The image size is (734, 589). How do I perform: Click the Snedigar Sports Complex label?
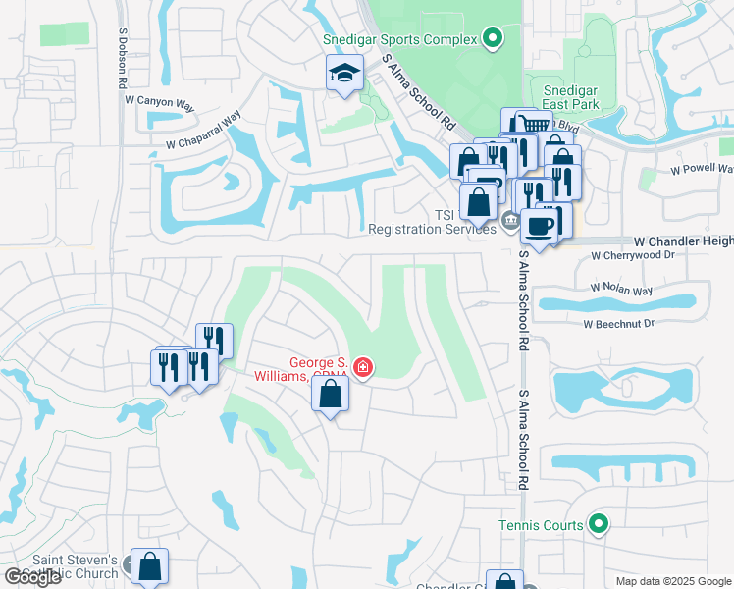(x=400, y=39)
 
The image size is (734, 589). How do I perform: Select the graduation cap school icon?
(x=344, y=74)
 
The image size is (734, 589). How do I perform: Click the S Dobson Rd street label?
(x=123, y=59)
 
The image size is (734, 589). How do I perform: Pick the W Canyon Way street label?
(x=169, y=100)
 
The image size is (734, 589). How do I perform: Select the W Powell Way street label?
(x=701, y=169)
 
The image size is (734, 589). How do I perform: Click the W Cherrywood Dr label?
(x=633, y=255)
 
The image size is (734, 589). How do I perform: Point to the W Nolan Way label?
(x=621, y=290)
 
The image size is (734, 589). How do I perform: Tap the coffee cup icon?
(x=539, y=226)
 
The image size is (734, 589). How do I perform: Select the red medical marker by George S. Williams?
(x=363, y=368)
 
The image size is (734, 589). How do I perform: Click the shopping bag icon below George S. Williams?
(x=331, y=395)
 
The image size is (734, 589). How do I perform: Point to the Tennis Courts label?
(x=541, y=525)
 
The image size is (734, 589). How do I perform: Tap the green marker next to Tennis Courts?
(x=597, y=525)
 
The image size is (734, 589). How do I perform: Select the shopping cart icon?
(x=533, y=125)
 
